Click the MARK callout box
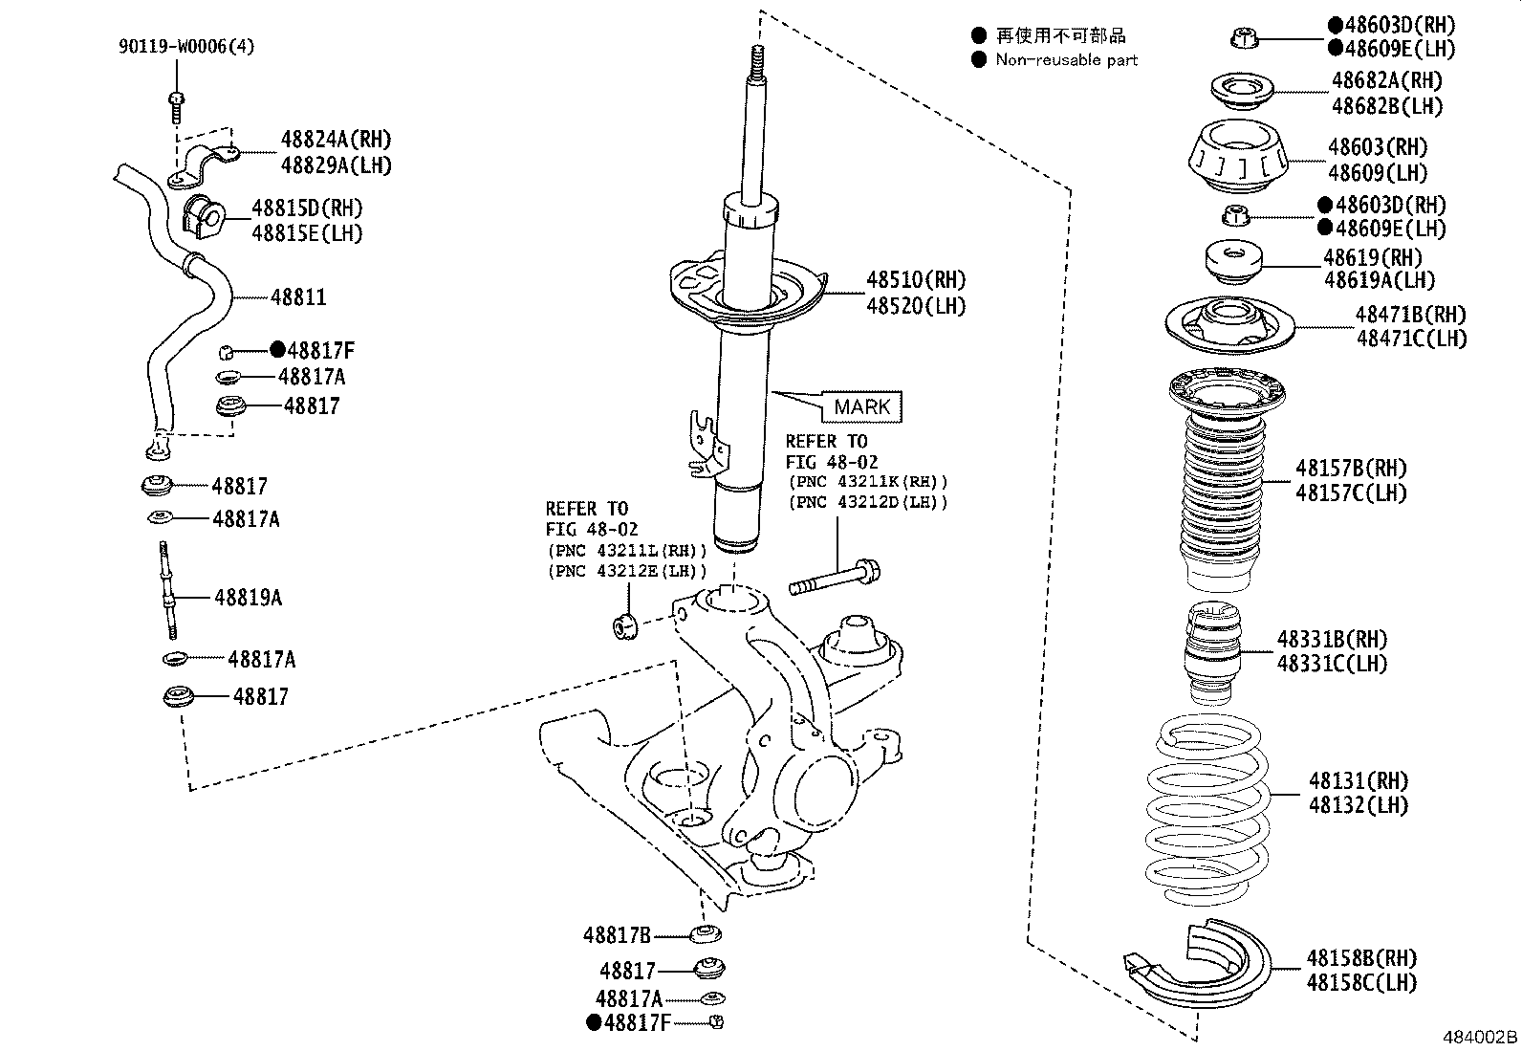[861, 407]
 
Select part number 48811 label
[298, 297]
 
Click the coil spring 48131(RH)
[1207, 813]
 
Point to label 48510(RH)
[916, 280]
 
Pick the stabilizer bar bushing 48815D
[202, 218]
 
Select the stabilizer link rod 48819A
[168, 590]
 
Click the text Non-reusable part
[1066, 60]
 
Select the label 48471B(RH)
[1410, 314]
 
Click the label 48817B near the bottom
[617, 934]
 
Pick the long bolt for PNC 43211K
[834, 579]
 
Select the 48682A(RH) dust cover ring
[1242, 92]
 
